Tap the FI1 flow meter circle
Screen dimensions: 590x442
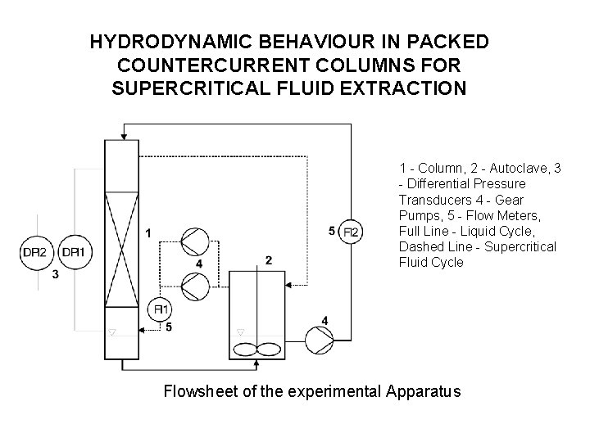tap(161, 309)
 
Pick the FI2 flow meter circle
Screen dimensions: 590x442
tap(351, 232)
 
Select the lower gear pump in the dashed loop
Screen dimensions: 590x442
tap(193, 286)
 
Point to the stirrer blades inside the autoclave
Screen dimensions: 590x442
tap(257, 348)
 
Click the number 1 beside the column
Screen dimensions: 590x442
tap(147, 233)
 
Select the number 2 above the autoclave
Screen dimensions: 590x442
tap(269, 260)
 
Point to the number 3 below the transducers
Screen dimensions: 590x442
tap(55, 275)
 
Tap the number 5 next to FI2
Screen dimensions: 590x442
tap(331, 232)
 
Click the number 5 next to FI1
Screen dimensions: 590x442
tap(168, 327)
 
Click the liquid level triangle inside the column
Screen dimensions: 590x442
tap(113, 331)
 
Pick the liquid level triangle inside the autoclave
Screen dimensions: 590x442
tap(240, 331)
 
